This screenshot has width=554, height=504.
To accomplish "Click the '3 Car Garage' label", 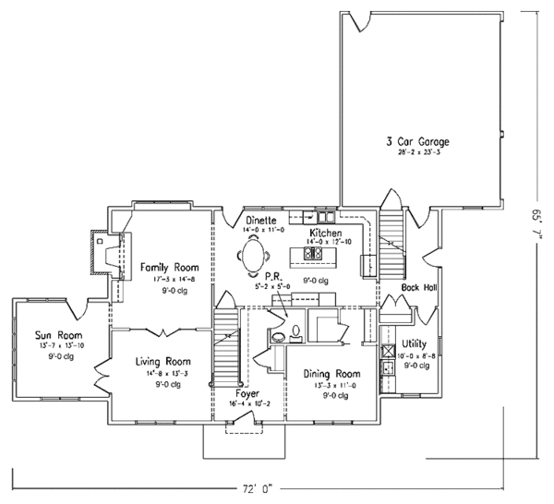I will tap(418, 142).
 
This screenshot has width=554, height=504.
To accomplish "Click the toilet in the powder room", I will tap(294, 328).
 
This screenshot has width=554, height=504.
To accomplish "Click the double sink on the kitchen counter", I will tap(300, 218).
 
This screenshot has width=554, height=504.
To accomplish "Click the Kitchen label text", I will tap(327, 233).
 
